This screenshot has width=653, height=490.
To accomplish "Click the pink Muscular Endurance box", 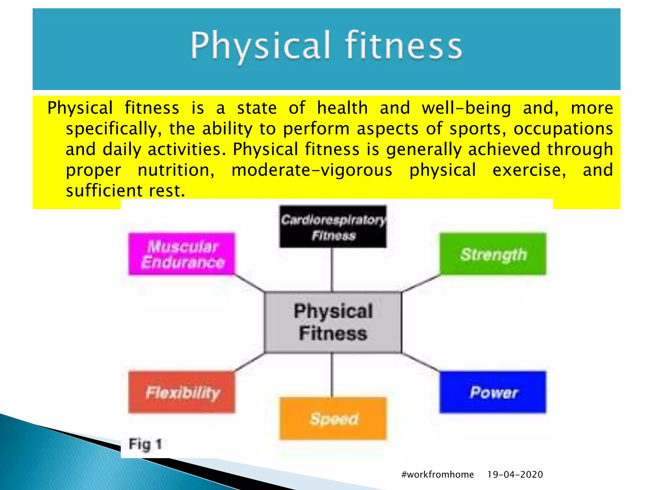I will [182, 254].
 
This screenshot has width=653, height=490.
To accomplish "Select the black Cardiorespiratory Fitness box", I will [333, 227].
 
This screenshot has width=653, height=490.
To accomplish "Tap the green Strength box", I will [493, 254].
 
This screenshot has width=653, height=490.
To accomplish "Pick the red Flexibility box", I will [182, 392].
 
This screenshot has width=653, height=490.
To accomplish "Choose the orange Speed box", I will [333, 419].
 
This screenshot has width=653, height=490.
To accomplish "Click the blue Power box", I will [493, 392].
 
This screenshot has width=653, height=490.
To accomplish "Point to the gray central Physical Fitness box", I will [333, 322].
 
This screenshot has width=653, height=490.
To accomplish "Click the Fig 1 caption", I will [145, 444].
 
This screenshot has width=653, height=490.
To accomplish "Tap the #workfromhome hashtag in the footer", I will [437, 474].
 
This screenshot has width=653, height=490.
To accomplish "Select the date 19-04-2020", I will [515, 474].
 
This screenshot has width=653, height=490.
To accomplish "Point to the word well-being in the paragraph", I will [466, 108].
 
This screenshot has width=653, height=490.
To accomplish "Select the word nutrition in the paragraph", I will [176, 170].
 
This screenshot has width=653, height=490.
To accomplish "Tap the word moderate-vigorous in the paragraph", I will [312, 170].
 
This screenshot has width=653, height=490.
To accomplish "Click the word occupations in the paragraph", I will [563, 129].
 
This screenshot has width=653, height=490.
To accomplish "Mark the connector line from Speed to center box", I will [332, 375].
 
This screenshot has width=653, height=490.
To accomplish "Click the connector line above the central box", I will [332, 270].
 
